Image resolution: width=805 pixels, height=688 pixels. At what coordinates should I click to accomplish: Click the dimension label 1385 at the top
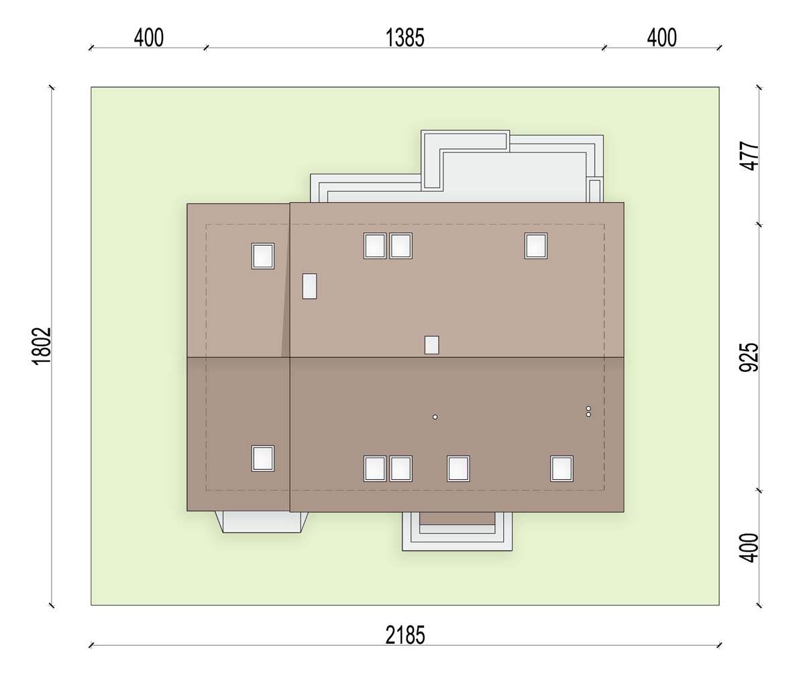click(x=405, y=38)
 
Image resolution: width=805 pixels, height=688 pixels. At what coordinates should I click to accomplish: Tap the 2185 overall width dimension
click(x=405, y=635)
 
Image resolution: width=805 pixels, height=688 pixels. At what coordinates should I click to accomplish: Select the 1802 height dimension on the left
click(x=42, y=346)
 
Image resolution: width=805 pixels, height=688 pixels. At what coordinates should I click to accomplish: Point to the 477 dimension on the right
click(x=749, y=156)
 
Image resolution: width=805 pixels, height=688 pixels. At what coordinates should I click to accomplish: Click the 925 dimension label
click(x=749, y=357)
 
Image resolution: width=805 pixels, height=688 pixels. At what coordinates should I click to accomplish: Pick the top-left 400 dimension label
click(x=149, y=38)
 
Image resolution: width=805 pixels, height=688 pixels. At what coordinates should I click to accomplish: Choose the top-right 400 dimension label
click(x=661, y=38)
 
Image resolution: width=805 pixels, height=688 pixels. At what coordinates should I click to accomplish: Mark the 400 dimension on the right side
click(x=749, y=548)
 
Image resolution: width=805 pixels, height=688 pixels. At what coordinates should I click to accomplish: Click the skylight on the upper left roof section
click(x=263, y=256)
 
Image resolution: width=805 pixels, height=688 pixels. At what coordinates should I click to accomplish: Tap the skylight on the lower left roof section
click(x=263, y=458)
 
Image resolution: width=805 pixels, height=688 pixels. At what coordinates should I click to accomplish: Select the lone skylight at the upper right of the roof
click(x=536, y=246)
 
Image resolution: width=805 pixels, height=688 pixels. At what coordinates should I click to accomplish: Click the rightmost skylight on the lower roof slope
click(x=561, y=469)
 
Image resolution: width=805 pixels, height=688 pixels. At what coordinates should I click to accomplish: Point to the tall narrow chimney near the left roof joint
click(x=310, y=287)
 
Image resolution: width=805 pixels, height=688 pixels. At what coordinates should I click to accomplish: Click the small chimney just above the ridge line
click(x=431, y=345)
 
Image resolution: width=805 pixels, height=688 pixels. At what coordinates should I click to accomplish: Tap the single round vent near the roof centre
click(x=435, y=417)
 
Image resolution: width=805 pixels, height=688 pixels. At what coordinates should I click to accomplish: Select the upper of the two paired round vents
click(x=588, y=408)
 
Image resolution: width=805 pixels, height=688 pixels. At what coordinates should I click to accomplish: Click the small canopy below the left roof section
click(x=262, y=522)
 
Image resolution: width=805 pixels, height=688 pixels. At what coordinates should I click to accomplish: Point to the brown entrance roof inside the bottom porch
click(x=458, y=519)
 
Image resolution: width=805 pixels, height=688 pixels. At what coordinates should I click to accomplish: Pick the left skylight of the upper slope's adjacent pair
click(x=375, y=246)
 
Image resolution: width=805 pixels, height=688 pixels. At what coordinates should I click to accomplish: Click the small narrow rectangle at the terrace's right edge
click(x=594, y=191)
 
